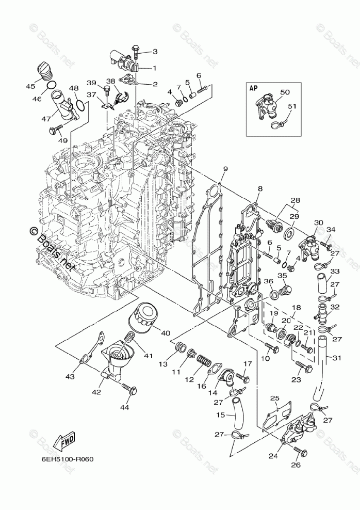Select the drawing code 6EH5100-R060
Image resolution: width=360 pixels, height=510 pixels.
click(68, 459)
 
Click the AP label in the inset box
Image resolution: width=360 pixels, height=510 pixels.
click(253, 88)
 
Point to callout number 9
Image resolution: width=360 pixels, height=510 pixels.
click(225, 169)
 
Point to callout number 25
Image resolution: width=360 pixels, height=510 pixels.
click(275, 398)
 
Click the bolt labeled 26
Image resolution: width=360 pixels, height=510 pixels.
click(300, 451)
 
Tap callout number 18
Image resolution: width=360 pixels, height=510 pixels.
click(297, 307)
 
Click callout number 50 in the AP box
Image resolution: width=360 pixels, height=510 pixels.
click(285, 92)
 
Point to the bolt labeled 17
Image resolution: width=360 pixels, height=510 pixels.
click(243, 377)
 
